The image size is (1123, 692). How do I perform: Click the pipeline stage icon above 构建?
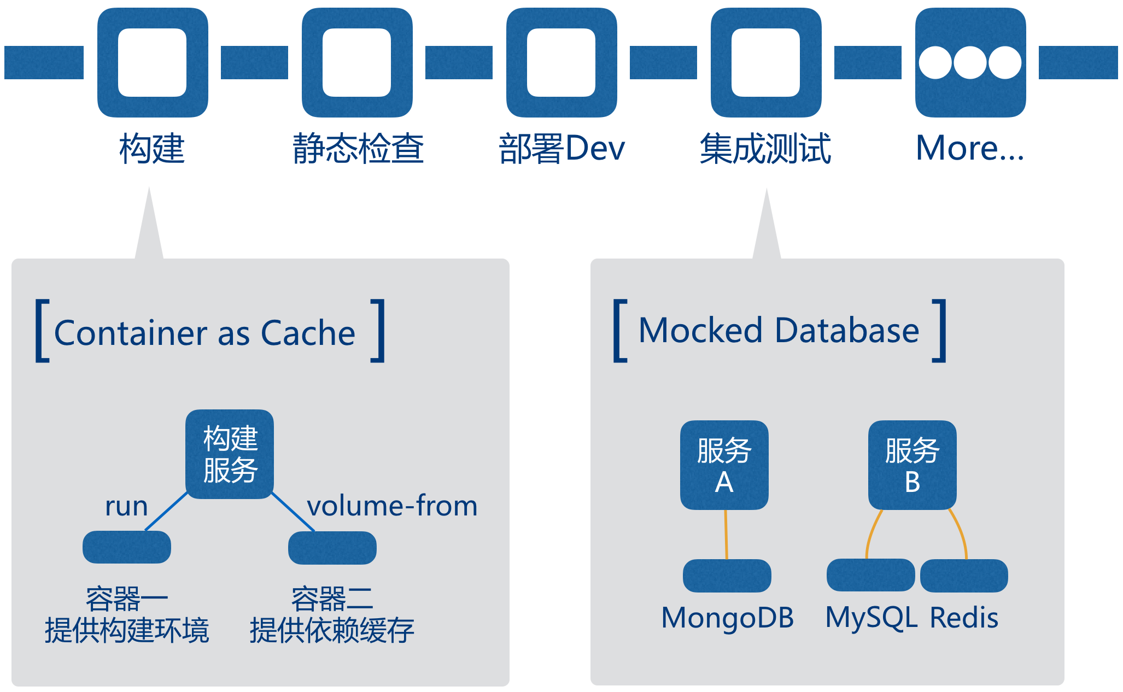coord(153,62)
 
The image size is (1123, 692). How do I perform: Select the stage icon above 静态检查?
coord(357,62)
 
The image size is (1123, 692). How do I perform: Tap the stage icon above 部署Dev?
coord(561,62)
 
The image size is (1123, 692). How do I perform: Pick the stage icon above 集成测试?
coord(766,62)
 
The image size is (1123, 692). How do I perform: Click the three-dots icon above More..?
coord(970,62)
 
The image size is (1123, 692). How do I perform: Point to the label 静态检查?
coord(358,149)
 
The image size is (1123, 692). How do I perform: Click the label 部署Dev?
coord(561,149)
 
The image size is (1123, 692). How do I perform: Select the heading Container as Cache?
coord(205,333)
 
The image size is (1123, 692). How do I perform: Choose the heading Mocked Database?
coord(779,331)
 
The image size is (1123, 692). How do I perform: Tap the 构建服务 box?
coord(230,454)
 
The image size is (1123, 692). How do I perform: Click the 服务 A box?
coord(724,465)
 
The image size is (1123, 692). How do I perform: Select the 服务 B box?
coord(912,465)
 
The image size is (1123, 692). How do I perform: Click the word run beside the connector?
coord(126,506)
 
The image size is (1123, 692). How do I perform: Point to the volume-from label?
coord(392,506)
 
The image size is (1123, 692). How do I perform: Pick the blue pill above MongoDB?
coord(727,576)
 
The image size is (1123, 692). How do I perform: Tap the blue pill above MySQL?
coord(870,575)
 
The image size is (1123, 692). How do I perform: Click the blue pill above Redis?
coord(964,576)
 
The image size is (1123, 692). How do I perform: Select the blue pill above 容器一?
coord(127,547)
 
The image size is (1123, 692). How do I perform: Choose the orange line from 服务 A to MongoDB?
coord(726,534)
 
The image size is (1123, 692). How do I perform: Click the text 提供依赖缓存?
coord(332,631)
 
